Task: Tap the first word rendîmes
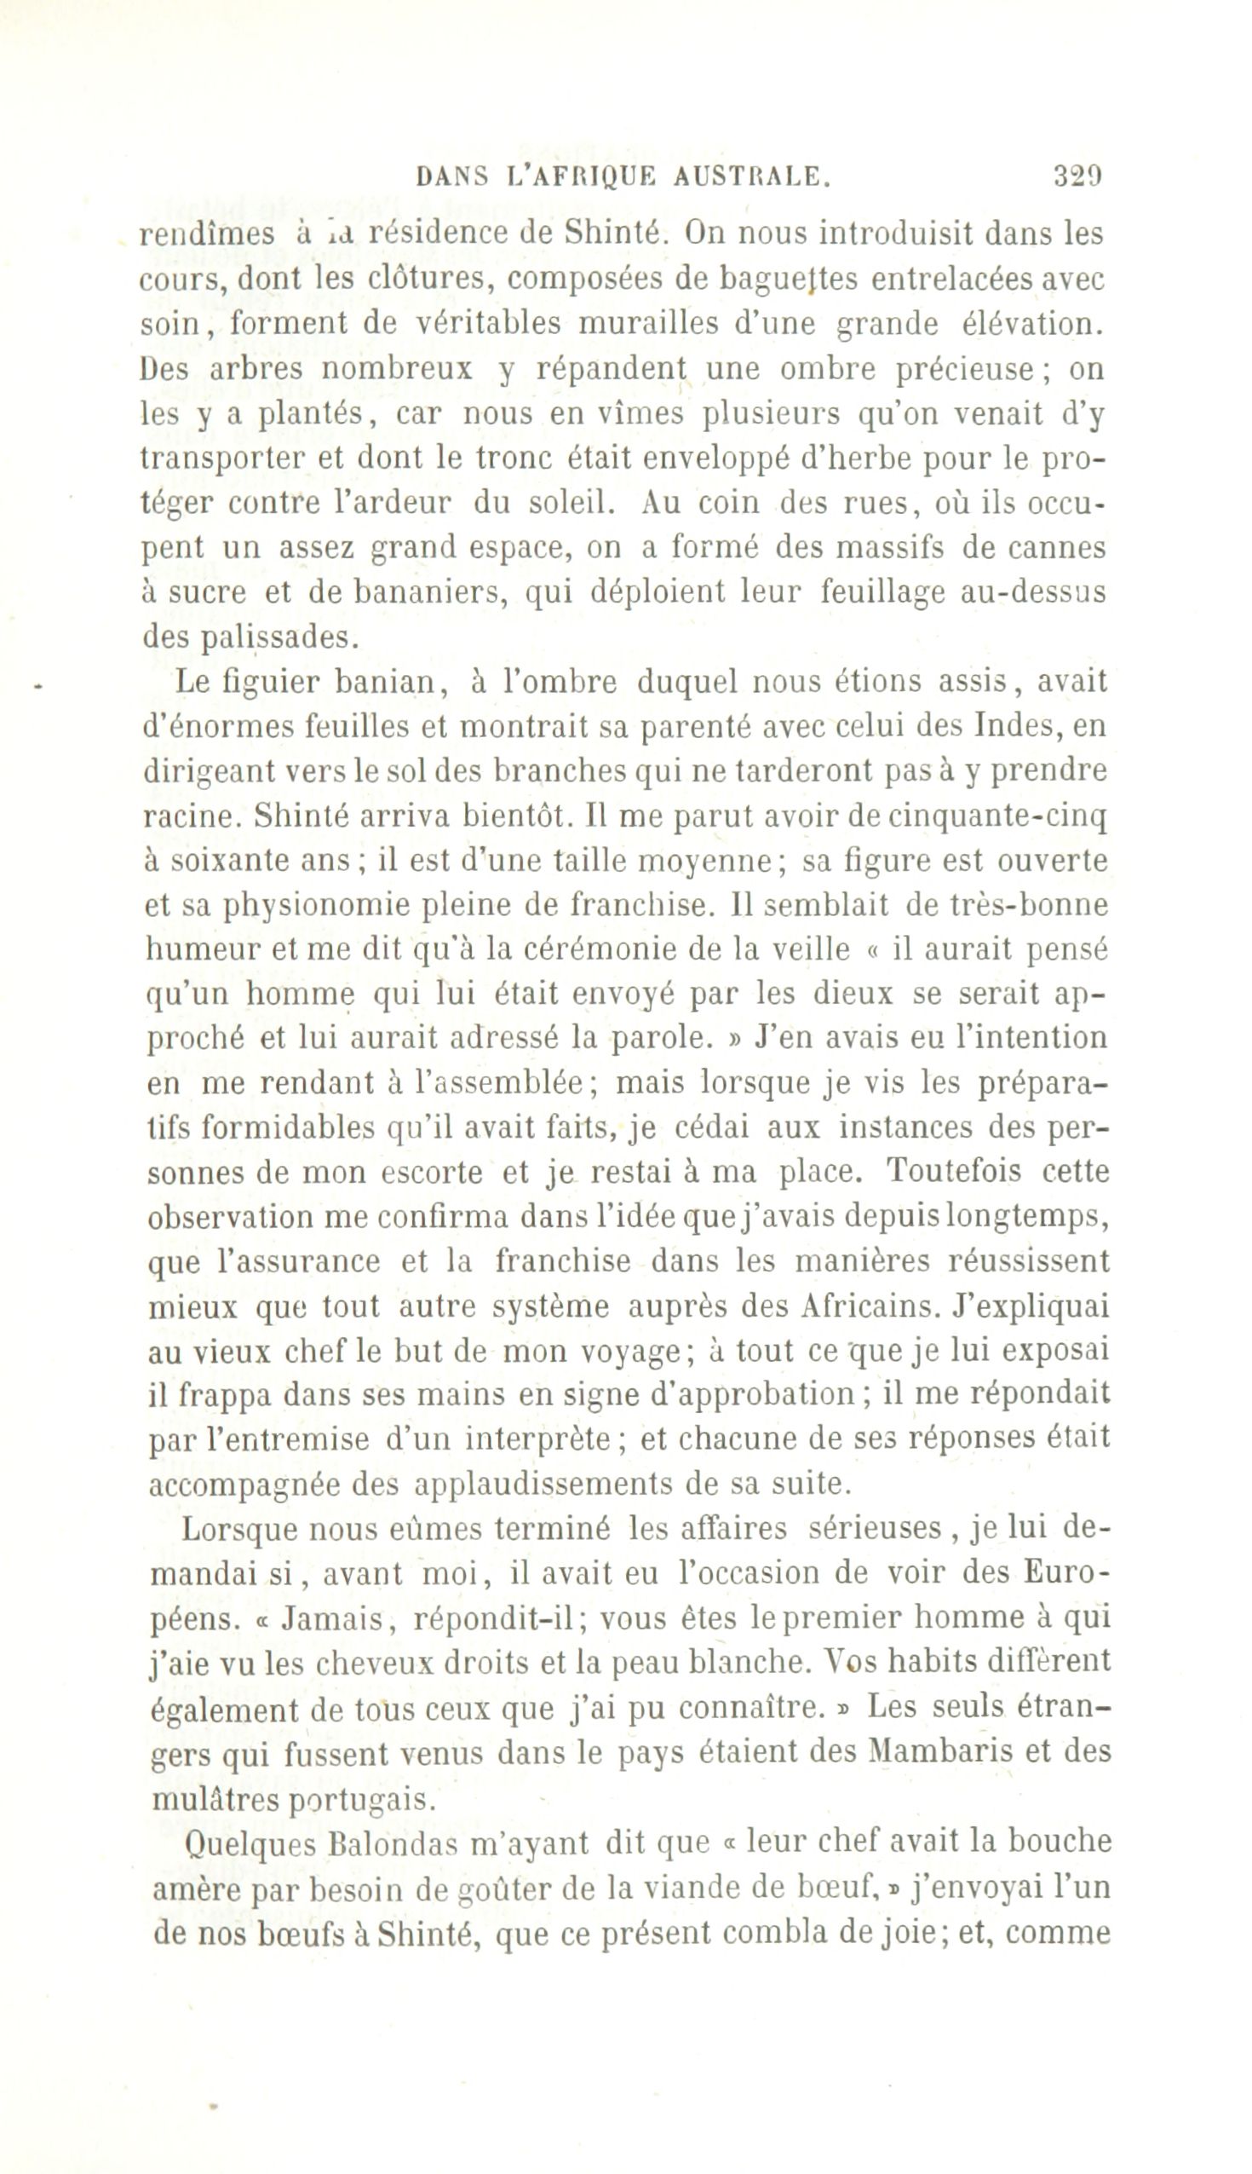pos(206,234)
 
